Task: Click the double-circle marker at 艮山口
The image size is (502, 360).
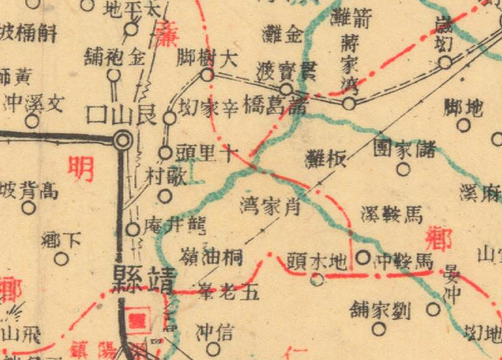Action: [x=124, y=140]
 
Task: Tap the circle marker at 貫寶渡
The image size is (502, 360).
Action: [x=286, y=89]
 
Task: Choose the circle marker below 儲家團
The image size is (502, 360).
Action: [x=403, y=169]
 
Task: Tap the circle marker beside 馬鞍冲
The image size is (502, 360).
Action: [x=363, y=257]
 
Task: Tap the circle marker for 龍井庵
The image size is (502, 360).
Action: [x=133, y=230]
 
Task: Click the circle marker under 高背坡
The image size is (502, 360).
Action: [x=29, y=208]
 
